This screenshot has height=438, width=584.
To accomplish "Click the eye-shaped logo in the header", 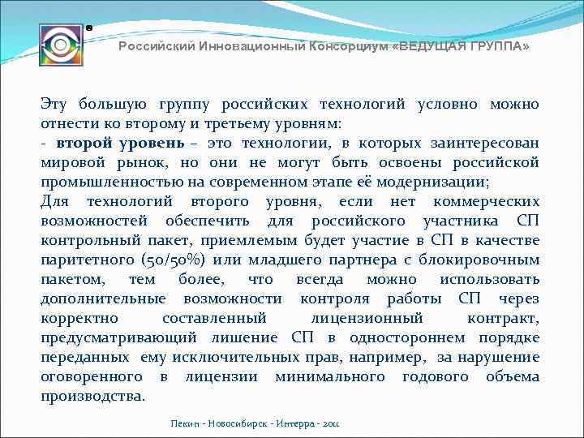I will coord(61,46).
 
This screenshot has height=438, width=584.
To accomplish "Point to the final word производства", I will coord(92,396).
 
